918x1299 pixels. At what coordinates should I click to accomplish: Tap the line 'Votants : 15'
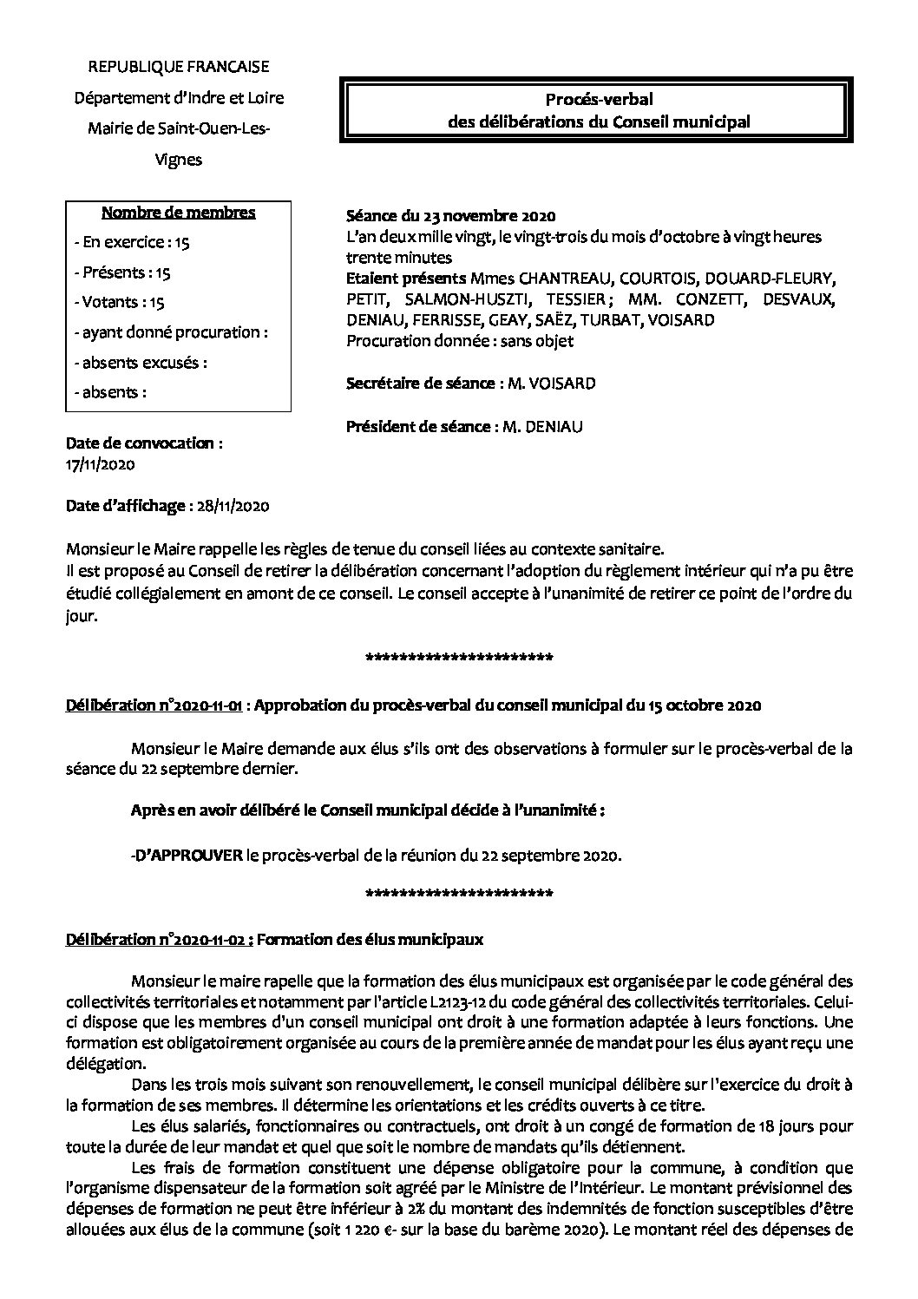[x=123, y=302]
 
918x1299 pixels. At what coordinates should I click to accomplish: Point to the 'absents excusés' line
[x=141, y=362]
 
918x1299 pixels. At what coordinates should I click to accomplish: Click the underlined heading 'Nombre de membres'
[x=179, y=213]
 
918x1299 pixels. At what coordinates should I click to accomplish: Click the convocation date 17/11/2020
[x=101, y=464]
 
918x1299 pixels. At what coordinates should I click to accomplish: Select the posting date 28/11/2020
[x=232, y=506]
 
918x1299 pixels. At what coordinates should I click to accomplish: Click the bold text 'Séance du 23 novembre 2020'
[x=450, y=215]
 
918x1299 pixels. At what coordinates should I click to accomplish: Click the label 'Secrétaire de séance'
[x=420, y=383]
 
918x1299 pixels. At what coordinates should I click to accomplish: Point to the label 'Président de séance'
[x=419, y=426]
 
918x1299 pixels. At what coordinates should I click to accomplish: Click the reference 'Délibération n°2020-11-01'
[x=154, y=705]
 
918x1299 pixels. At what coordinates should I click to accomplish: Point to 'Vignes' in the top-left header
[x=178, y=159]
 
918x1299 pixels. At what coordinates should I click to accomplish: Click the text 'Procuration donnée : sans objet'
[x=460, y=341]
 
